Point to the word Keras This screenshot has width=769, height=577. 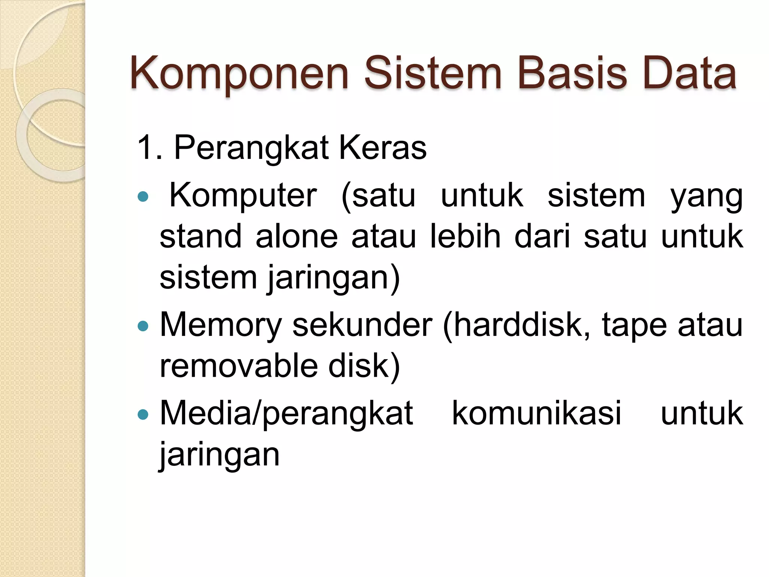[383, 148]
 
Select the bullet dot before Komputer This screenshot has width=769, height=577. [143, 196]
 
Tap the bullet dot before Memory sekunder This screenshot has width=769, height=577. [143, 325]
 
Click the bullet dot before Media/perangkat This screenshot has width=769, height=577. [143, 414]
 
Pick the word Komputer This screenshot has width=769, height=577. [243, 196]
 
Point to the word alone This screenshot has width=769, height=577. [297, 237]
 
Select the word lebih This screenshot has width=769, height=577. [465, 237]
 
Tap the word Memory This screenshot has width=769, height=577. [221, 326]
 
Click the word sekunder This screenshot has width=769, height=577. [362, 325]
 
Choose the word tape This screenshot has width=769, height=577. [635, 326]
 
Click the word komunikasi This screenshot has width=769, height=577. [537, 414]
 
